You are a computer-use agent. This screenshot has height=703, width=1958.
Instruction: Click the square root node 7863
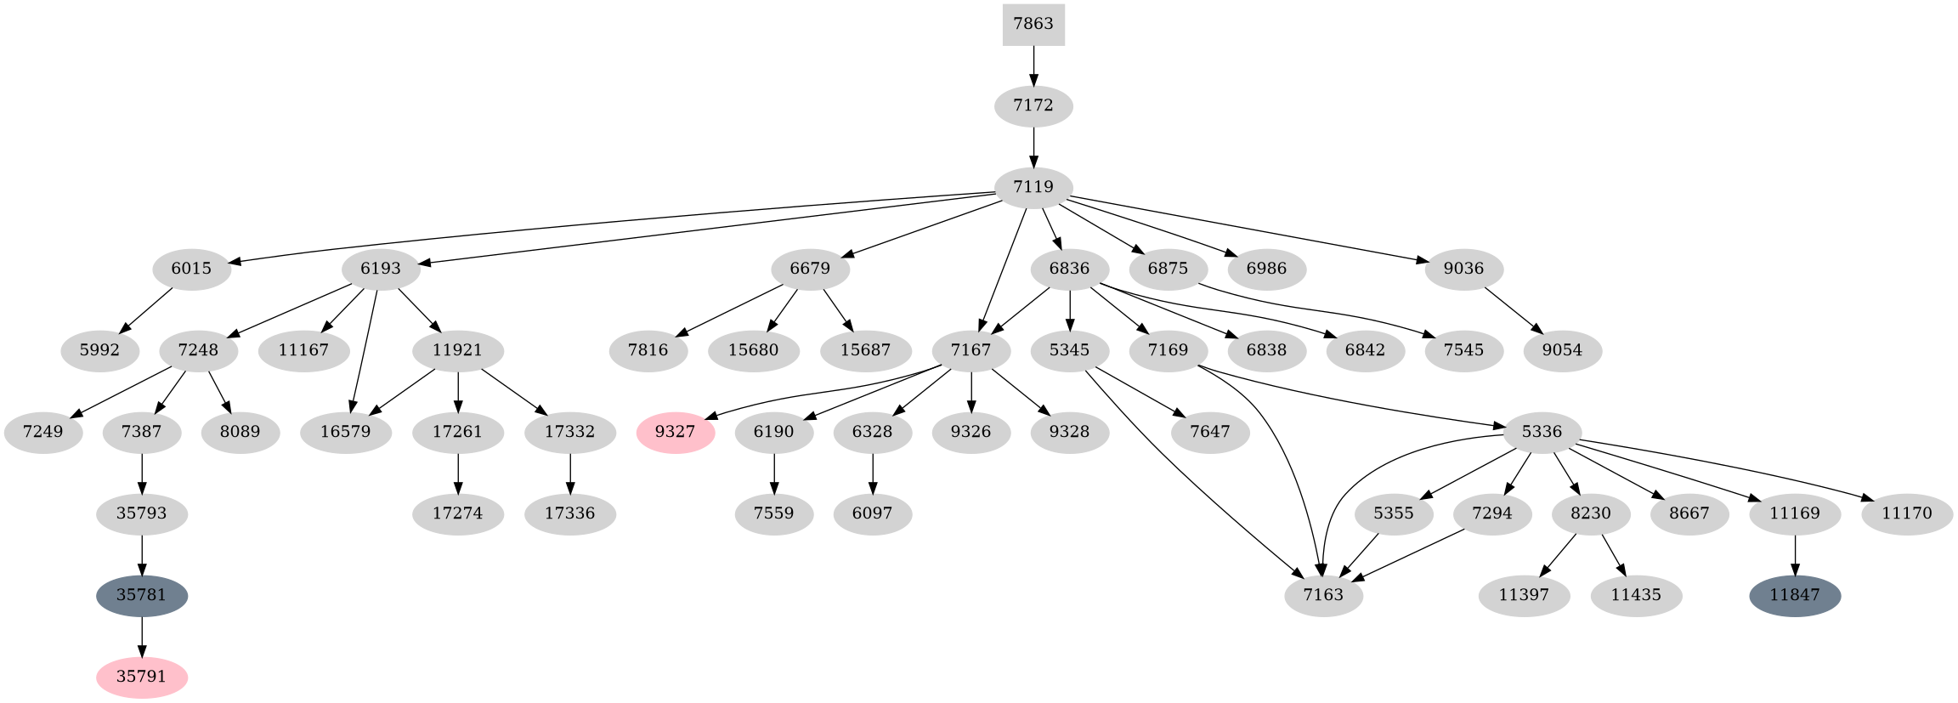[x=1033, y=24]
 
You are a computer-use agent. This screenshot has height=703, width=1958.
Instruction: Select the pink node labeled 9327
[x=676, y=432]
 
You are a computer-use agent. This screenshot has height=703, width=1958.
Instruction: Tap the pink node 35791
[x=142, y=677]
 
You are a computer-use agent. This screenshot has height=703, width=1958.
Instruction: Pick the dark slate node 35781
[x=142, y=595]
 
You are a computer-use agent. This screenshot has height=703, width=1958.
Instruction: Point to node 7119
[x=1033, y=187]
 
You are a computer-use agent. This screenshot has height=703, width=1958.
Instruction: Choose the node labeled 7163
[x=1323, y=595]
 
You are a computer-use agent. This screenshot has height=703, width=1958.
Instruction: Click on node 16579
[x=346, y=432]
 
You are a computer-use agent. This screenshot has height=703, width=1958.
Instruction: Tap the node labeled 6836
[x=1069, y=269]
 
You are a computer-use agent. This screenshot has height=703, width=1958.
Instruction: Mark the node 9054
[x=1562, y=350]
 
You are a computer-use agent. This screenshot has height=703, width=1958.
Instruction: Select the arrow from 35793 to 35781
[x=142, y=555]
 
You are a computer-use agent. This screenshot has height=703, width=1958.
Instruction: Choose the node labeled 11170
[x=1907, y=513]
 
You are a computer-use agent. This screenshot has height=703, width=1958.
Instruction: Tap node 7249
[x=43, y=432]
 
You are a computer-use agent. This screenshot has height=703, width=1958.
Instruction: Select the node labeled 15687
[x=865, y=350]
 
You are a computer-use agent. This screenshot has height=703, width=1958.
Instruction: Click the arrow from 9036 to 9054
[x=1512, y=309]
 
